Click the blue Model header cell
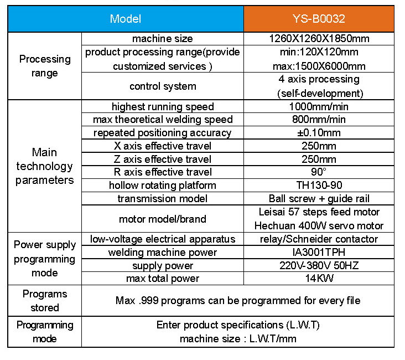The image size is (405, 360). [x=126, y=19]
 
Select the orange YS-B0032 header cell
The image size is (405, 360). [x=319, y=19]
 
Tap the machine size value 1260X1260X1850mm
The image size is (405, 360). [x=319, y=39]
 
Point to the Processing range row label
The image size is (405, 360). [x=45, y=66]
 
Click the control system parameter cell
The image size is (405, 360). [x=163, y=86]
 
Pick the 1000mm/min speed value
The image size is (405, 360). [x=319, y=106]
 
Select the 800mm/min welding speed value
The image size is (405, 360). [x=319, y=120]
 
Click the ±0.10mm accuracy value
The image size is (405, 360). [x=319, y=133]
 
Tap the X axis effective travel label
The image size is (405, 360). [x=163, y=146]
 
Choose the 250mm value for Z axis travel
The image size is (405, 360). [x=319, y=160]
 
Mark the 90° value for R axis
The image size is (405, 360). [x=319, y=172]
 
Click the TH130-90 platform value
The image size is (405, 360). [x=319, y=186]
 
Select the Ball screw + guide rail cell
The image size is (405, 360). [x=319, y=199]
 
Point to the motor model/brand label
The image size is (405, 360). [x=163, y=219]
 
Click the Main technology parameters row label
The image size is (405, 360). [x=45, y=166]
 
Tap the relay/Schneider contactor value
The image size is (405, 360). [x=319, y=239]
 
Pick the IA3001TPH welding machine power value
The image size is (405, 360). [x=319, y=253]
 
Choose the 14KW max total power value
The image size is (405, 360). [x=319, y=279]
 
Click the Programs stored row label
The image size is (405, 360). [x=45, y=301]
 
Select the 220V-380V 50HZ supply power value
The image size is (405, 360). [x=319, y=266]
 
